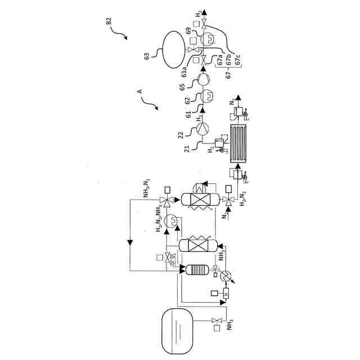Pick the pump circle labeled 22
[201, 129]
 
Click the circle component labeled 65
[201, 80]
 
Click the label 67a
[221, 61]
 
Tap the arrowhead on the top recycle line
[130, 242]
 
